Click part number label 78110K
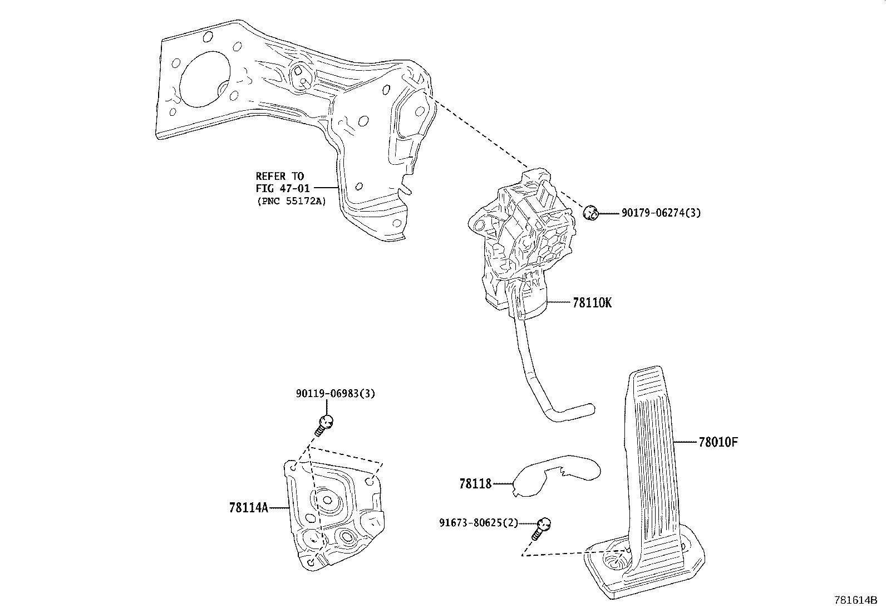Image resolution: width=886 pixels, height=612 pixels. [x=592, y=303]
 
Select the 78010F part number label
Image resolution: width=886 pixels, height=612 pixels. [x=718, y=443]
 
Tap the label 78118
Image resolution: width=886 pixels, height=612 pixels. [x=475, y=484]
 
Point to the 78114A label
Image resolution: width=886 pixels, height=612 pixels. [x=248, y=508]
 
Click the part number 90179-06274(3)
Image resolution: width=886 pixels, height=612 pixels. [x=661, y=213]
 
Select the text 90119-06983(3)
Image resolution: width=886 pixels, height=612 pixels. [x=336, y=394]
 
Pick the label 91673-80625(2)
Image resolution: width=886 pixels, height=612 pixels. [x=478, y=523]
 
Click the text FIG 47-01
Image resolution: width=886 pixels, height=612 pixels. [x=282, y=189]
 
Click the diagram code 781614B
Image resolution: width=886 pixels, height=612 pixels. [x=855, y=600]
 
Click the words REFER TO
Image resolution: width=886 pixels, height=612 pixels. [x=280, y=177]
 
